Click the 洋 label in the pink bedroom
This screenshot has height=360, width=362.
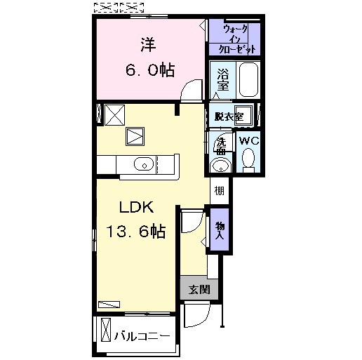point(148,44)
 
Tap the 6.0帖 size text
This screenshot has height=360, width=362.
point(150,70)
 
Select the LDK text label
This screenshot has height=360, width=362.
point(137,207)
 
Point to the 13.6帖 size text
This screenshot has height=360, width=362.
point(136,231)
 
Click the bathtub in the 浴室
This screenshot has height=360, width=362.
point(248,79)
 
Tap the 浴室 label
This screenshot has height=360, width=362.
point(222,79)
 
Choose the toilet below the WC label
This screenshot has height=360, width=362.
point(248,161)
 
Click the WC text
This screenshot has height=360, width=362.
point(249,141)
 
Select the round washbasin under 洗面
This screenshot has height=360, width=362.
point(220,166)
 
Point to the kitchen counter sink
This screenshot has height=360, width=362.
point(144,164)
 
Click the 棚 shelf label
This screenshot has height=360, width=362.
point(220,191)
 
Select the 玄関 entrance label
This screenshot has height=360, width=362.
point(199,290)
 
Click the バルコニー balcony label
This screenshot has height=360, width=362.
point(142,336)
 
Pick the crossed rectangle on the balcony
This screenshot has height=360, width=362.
point(106,329)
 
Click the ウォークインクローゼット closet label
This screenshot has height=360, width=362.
point(236,39)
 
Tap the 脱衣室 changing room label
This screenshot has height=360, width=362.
point(229,116)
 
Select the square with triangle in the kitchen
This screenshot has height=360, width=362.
point(135,136)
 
